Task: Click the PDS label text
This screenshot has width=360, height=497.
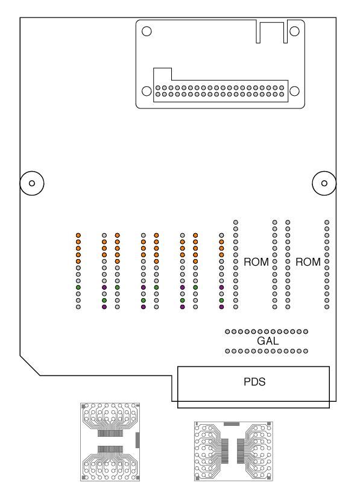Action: (254, 381)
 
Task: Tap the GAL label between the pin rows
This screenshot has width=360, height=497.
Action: (268, 341)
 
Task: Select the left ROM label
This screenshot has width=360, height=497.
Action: (256, 262)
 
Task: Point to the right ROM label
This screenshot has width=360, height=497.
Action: (308, 262)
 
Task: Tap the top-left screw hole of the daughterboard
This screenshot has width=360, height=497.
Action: (147, 31)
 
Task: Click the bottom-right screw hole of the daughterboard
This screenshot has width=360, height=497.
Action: (294, 91)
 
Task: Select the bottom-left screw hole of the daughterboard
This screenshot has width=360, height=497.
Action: (147, 91)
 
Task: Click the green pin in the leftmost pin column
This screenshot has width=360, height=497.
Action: (78, 287)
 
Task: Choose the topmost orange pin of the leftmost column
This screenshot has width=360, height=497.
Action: (78, 235)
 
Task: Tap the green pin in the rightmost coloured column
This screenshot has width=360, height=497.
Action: (221, 300)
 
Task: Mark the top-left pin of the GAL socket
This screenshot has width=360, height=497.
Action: (227, 331)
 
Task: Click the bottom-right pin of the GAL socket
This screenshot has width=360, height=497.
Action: (306, 351)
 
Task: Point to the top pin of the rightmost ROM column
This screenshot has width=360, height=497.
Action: (327, 222)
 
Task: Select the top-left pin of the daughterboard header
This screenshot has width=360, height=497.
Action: (157, 87)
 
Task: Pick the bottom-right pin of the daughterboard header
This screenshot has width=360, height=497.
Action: (282, 94)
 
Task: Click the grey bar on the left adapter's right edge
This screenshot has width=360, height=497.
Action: (137, 440)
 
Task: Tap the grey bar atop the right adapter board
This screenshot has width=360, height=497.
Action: (232, 424)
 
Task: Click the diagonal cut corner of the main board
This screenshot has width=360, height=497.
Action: (30, 366)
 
